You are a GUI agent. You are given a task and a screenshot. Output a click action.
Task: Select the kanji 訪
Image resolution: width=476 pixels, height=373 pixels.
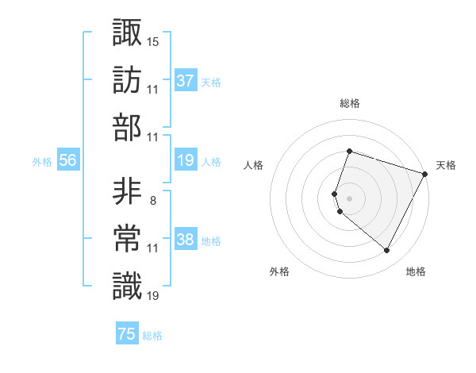coord(127,79)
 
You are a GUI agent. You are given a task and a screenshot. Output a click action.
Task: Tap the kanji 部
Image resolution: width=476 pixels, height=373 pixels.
coord(127,127)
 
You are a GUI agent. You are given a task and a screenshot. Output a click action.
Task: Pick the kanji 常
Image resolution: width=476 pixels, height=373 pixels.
coord(127,239)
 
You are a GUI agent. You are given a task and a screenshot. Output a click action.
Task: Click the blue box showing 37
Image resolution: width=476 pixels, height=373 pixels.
coord(186,80)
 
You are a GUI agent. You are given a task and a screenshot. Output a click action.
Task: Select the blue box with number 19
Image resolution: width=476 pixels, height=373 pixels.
coord(186,160)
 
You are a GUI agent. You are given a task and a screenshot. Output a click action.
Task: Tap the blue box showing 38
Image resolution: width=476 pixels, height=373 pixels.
coord(186,240)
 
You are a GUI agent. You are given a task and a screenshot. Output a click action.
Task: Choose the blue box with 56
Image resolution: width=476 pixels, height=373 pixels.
coord(67,160)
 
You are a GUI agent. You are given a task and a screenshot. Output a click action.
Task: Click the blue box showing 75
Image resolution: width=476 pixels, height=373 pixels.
coord(126,334)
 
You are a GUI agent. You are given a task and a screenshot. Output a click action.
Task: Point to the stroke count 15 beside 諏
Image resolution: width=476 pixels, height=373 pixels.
coord(153,41)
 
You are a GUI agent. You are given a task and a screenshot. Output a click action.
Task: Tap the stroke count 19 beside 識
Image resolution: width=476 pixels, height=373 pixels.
coord(153,297)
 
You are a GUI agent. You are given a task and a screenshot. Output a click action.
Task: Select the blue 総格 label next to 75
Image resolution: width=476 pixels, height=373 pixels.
coord(152,336)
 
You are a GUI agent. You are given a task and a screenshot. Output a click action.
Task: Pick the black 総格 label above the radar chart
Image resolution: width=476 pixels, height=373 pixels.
coord(350,103)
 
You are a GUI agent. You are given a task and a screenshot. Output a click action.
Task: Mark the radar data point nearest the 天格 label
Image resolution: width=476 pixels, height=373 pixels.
coord(425,174)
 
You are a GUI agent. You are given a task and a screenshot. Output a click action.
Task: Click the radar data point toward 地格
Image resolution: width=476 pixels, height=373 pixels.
coord(387,251)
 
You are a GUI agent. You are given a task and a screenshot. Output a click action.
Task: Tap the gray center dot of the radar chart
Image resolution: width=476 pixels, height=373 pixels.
coord(350,198)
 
